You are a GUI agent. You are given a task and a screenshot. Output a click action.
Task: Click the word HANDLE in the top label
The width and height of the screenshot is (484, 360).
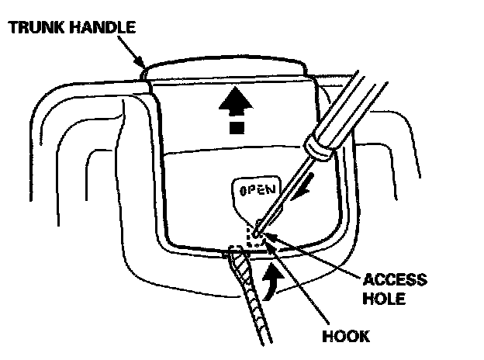(x=102, y=28)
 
